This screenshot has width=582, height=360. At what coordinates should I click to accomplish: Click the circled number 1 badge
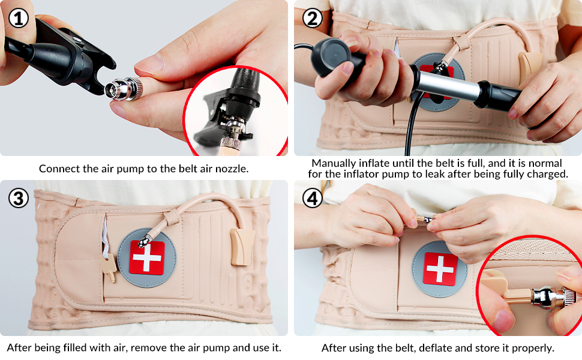pyautogui.click(x=18, y=18)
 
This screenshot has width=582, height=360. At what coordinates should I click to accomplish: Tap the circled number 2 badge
pyautogui.click(x=313, y=18)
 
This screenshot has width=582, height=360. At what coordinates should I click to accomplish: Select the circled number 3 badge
pyautogui.click(x=19, y=198)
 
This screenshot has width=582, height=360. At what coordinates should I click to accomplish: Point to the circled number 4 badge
pyautogui.click(x=313, y=198)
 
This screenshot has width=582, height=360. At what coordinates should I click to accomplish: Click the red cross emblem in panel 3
pyautogui.click(x=147, y=257)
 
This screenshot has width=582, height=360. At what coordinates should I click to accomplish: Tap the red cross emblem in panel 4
pyautogui.click(x=440, y=269)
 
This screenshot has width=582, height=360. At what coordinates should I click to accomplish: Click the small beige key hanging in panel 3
pyautogui.click(x=109, y=267)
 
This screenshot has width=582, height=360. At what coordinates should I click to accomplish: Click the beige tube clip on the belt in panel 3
pyautogui.click(x=242, y=247)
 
